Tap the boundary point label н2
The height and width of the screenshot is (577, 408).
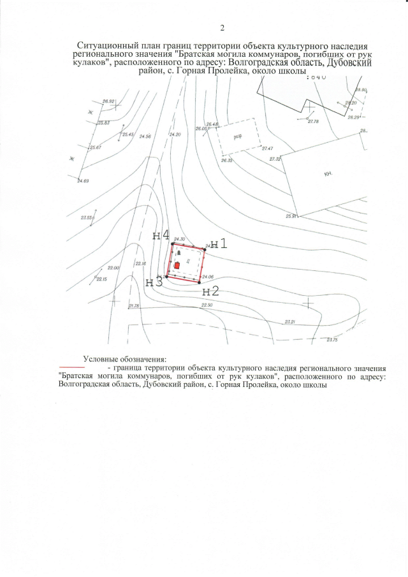[211, 291]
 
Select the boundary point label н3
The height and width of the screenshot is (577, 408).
[154, 282]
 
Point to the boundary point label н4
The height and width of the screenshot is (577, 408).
[161, 235]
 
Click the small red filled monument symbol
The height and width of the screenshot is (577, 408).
[177, 265]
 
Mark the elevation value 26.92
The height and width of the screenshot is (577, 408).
[108, 101]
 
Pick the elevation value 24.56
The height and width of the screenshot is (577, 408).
[145, 136]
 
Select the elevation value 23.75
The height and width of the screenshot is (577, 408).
[331, 340]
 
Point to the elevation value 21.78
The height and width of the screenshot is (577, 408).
[134, 307]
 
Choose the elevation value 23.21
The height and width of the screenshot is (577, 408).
[291, 321]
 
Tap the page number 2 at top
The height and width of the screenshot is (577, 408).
[222, 27]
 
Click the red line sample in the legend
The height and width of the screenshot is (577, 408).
[71, 369]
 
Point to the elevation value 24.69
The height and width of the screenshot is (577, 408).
[83, 182]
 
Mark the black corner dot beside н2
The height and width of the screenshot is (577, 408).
[200, 281]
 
